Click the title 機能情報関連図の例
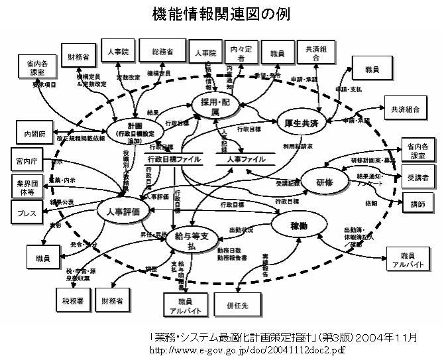(221, 13)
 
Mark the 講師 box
(417, 204)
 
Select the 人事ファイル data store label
(241, 159)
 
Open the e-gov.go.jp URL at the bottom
(248, 349)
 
